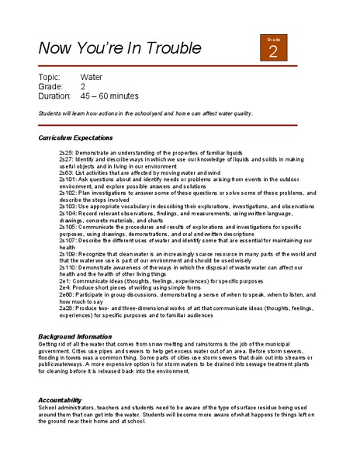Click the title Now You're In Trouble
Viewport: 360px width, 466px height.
tap(120, 48)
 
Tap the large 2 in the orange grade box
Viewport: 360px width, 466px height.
tap(273, 52)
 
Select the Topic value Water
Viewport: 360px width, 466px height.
tap(93, 78)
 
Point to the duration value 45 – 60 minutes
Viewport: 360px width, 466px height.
tap(117, 96)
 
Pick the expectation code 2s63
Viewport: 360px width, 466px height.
tap(67, 172)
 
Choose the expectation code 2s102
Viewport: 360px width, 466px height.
tap(68, 191)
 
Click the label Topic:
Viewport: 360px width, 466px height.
tap(49, 78)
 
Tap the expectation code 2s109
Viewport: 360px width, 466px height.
tap(68, 254)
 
